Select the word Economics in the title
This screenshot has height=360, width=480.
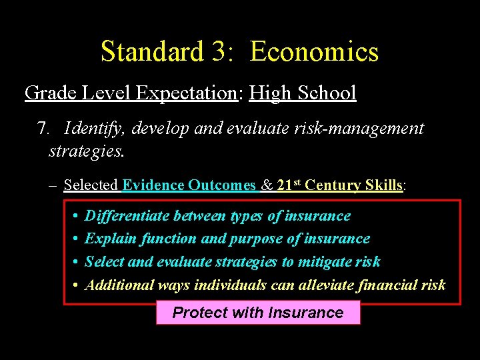pos(314,51)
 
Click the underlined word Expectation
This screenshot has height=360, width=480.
pos(186,93)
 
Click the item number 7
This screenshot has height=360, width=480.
pos(43,128)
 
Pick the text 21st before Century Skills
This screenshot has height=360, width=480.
pos(288,185)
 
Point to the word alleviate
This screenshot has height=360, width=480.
pos(323,285)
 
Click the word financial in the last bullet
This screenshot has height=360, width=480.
pos(386,285)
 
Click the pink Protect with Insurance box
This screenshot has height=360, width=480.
pos(258,313)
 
